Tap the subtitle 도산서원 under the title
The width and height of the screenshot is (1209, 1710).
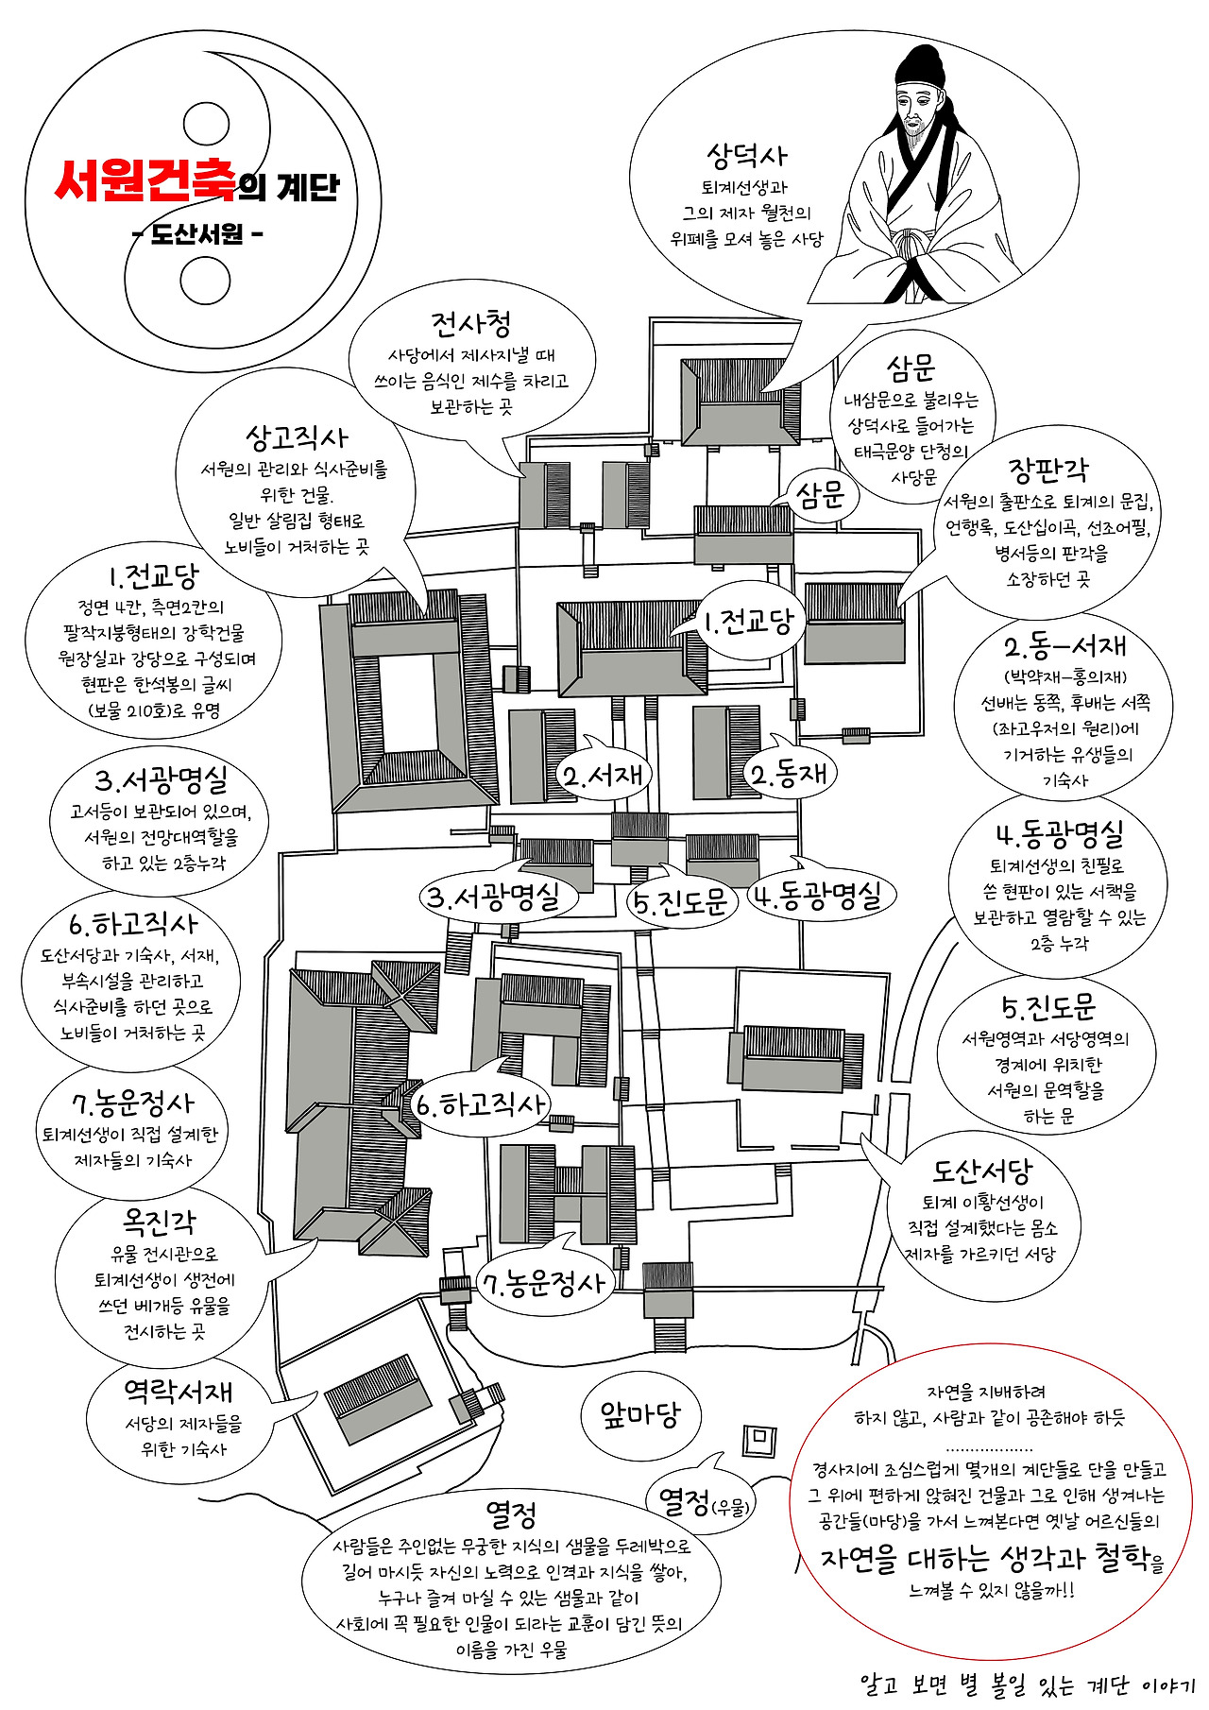[197, 233]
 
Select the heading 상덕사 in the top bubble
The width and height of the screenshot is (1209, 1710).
[746, 155]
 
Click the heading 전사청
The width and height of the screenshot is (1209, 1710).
[471, 324]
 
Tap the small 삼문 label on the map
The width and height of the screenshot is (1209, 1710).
[820, 495]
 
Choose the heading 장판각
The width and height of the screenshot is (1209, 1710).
[1047, 470]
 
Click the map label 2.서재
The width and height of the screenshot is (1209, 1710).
[603, 776]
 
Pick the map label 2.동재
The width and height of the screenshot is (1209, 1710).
[790, 774]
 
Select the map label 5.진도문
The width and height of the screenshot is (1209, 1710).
[680, 903]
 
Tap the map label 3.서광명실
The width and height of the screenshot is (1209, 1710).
[491, 897]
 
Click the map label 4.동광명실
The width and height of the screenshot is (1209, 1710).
[821, 895]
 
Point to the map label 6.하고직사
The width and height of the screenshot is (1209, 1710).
[480, 1103]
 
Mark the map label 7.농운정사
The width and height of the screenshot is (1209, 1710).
[545, 1282]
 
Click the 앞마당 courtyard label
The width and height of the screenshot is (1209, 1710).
[640, 1414]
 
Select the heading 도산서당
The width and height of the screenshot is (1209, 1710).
[982, 1171]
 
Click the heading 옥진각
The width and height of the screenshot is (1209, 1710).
[160, 1223]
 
